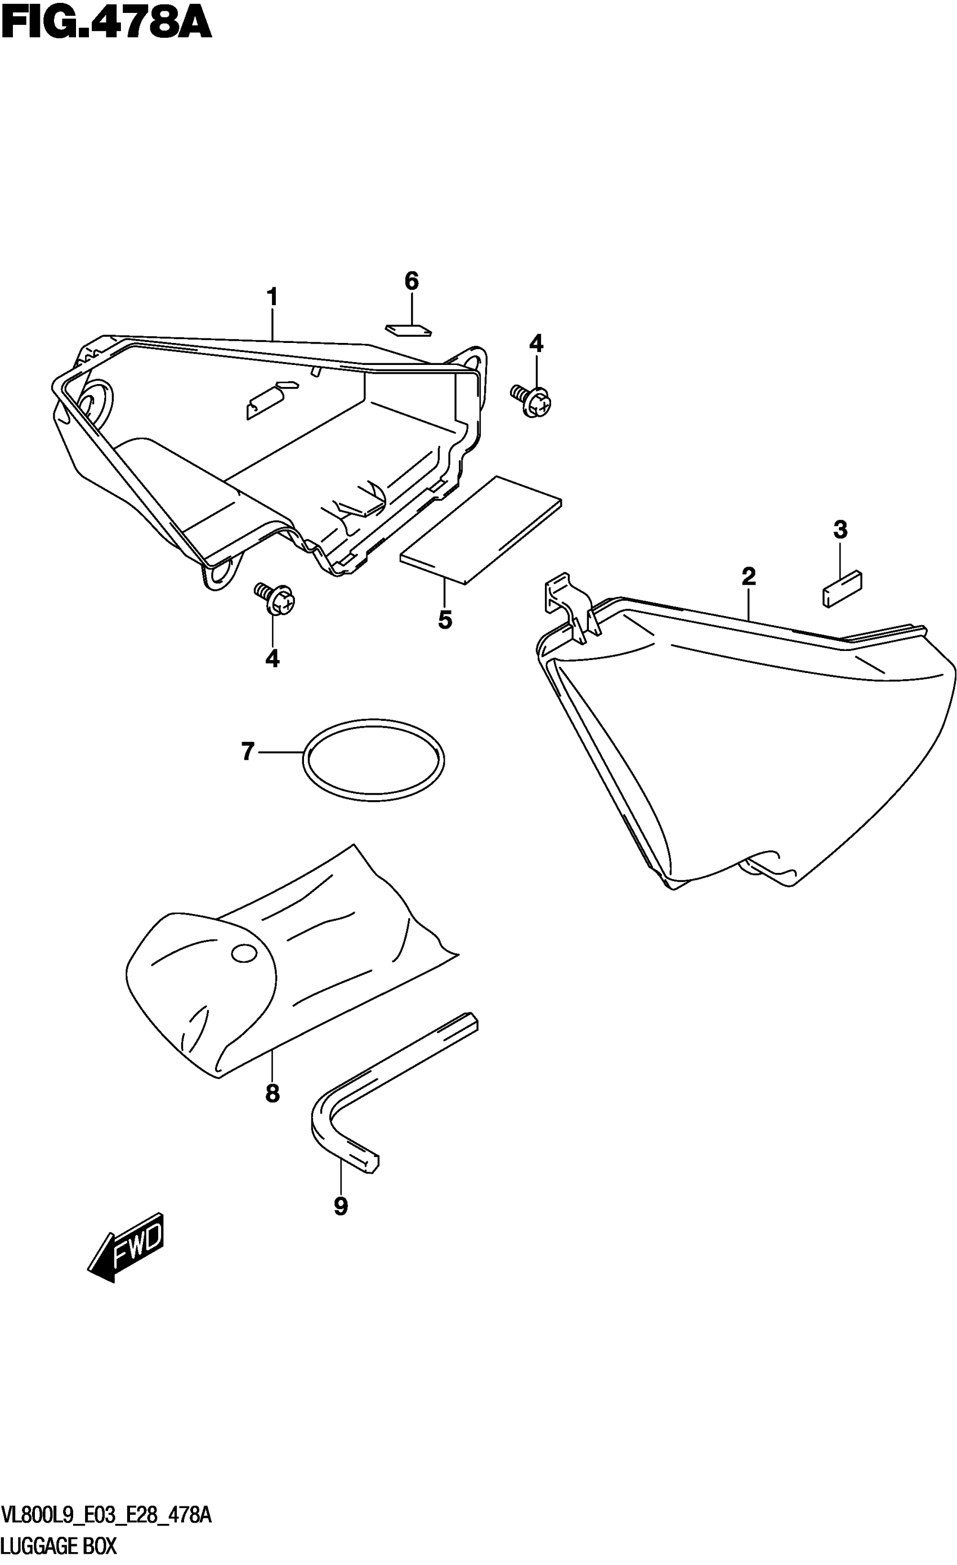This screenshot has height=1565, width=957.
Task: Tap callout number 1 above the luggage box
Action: point(272,297)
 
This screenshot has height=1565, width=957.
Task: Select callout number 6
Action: point(412,281)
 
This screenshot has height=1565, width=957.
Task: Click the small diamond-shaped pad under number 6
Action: point(408,329)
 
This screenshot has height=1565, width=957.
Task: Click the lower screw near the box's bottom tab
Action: point(276,598)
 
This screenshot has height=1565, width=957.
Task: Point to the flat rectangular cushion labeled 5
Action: point(481,530)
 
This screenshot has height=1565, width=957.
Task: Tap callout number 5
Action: point(445,619)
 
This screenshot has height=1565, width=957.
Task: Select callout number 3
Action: point(840,529)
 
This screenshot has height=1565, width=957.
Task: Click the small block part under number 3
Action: point(842,587)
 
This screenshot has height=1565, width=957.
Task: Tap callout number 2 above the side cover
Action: point(749,577)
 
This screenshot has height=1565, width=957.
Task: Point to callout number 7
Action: point(248,751)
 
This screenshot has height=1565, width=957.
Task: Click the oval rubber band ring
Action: point(374,760)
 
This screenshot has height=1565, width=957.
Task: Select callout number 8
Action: point(272,1093)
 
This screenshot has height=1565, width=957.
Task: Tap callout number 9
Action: point(341,1206)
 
